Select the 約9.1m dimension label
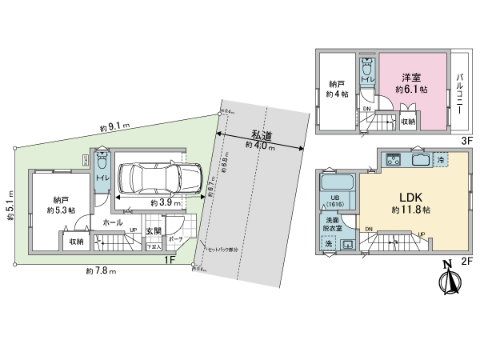pyautogui.click(x=115, y=126)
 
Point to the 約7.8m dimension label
pyautogui.click(x=99, y=272)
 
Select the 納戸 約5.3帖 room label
pyautogui.click(x=60, y=205)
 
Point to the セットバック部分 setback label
pyautogui.click(x=222, y=249)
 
